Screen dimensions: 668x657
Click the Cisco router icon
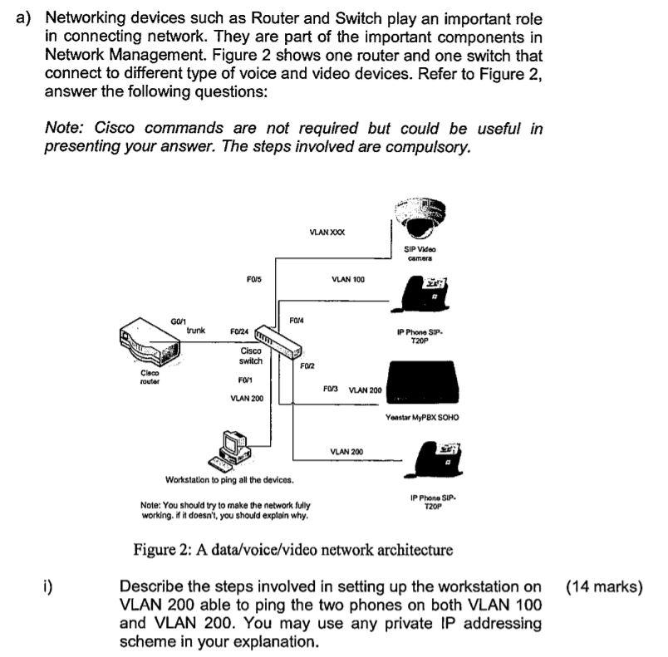(x=149, y=342)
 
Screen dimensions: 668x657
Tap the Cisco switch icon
(x=278, y=342)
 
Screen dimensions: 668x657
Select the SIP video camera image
(x=420, y=218)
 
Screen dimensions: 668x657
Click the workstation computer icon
(x=229, y=451)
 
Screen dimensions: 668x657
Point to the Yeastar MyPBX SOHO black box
(x=423, y=382)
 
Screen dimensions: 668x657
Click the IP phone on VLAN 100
(x=425, y=294)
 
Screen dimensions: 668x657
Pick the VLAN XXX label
(x=327, y=232)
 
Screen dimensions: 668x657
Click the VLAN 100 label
(x=348, y=279)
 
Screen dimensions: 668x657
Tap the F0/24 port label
(x=239, y=331)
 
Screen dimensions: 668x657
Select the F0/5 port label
(x=254, y=279)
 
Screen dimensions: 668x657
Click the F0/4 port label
(x=297, y=321)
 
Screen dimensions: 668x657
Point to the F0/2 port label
(x=307, y=365)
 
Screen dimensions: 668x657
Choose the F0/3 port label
(x=330, y=389)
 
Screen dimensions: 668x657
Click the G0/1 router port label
(x=178, y=321)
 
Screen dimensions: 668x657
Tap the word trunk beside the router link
(x=195, y=331)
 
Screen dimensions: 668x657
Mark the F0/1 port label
(x=245, y=380)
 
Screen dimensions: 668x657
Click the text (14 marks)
(x=604, y=587)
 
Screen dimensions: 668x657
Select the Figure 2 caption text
(x=293, y=550)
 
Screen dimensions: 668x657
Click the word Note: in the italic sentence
(x=69, y=127)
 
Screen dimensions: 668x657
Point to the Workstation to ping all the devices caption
(x=229, y=480)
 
